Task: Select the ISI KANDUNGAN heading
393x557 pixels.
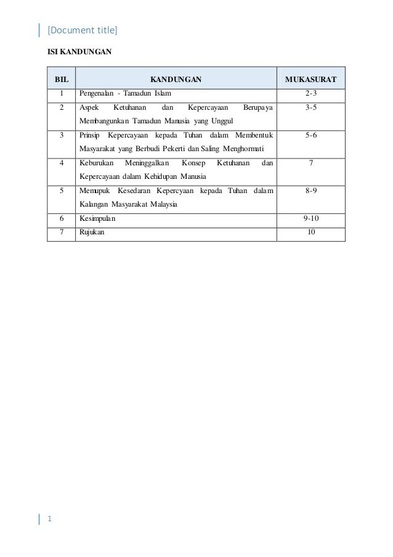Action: (79, 52)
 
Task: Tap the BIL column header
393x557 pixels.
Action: (61, 80)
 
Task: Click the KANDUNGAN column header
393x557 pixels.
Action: (176, 80)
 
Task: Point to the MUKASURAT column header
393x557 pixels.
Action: (310, 80)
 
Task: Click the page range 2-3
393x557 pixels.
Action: (311, 94)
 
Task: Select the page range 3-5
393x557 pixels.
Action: (311, 107)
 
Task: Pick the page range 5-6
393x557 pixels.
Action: (311, 135)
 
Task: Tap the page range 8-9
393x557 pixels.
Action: (311, 191)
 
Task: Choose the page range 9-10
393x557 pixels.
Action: (311, 218)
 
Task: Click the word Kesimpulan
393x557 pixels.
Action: (96, 218)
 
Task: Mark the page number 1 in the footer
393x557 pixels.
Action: (50, 519)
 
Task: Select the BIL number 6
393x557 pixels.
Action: (61, 218)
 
